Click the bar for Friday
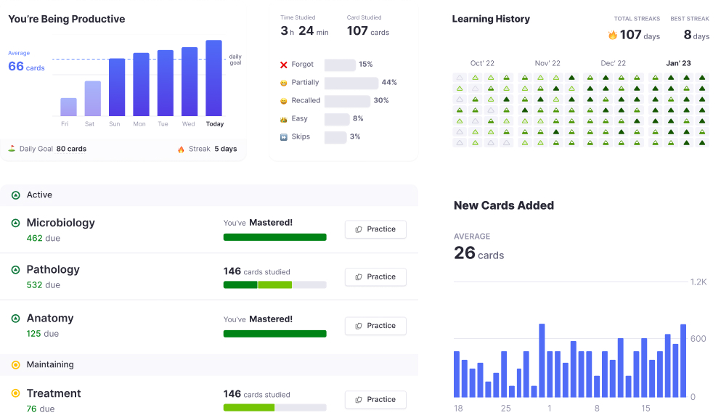coord(68,107)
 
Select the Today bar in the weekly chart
coord(213,78)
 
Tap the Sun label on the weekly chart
coord(115,124)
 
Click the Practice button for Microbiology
coord(375,229)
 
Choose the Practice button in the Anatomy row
coord(375,326)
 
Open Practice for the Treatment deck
coord(375,400)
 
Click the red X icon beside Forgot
coord(284,65)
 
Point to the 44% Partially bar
coord(351,83)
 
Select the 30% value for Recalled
coord(381,101)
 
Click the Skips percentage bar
coord(335,137)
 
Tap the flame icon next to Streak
coord(181,149)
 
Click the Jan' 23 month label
coord(678,63)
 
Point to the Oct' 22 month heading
coord(482,63)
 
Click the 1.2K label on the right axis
coord(698,282)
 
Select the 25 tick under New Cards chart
coord(505,409)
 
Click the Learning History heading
coord(491,19)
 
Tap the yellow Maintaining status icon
coord(15,365)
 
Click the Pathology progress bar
coord(274,284)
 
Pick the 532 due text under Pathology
coord(44,285)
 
